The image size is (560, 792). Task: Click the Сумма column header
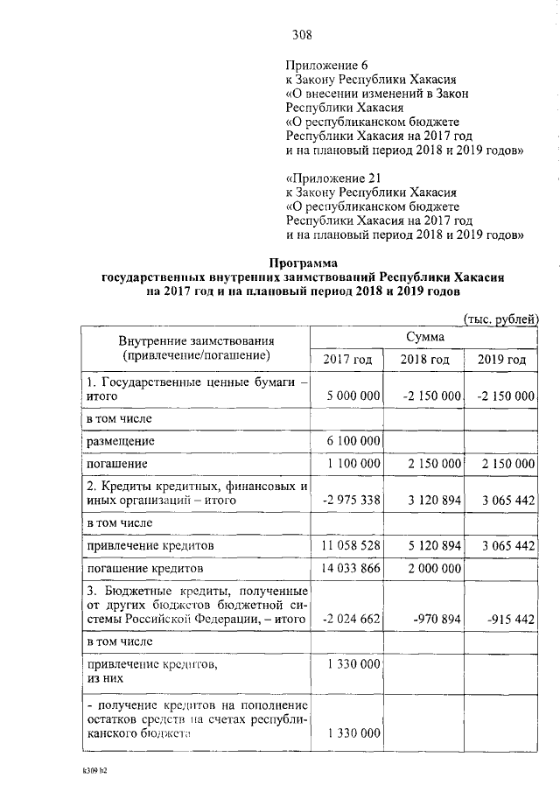tap(424, 337)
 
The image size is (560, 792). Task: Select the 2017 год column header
tap(347, 361)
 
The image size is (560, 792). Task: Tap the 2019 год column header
tap(501, 361)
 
